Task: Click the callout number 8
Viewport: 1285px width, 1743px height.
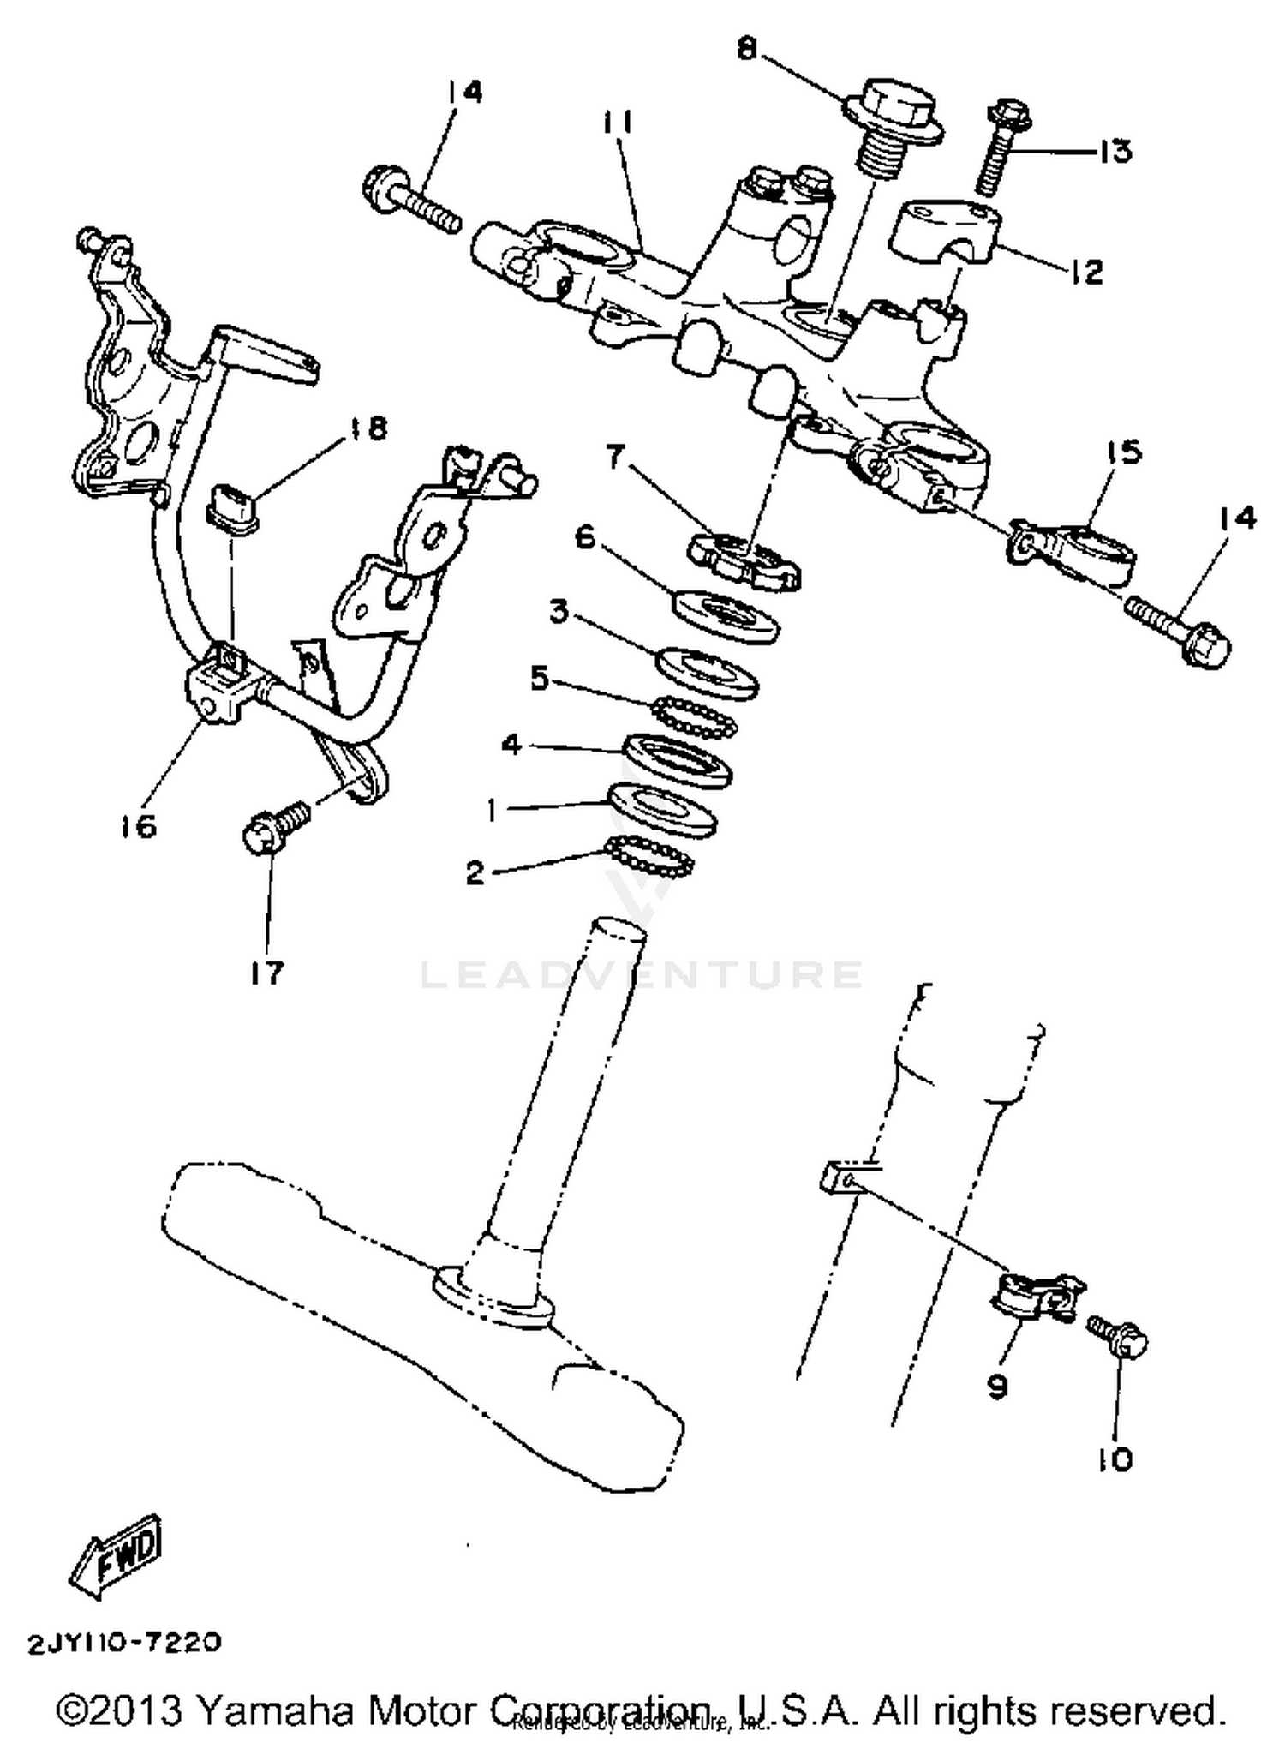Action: (748, 49)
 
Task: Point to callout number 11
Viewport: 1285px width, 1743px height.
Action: (616, 124)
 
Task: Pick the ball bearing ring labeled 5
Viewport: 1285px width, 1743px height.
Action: (694, 716)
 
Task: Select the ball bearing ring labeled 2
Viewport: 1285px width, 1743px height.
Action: (649, 857)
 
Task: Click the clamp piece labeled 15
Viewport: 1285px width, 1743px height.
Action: (1075, 548)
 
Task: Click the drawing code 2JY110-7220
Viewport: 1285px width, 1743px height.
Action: (125, 1642)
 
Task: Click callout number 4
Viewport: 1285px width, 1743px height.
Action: (511, 744)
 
